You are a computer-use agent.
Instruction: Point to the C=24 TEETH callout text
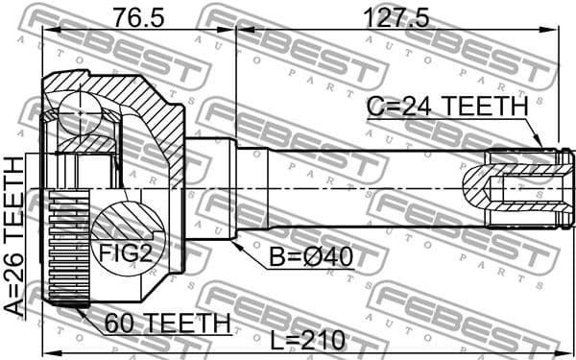pos(446,108)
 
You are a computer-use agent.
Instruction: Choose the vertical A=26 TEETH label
pos(14,236)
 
